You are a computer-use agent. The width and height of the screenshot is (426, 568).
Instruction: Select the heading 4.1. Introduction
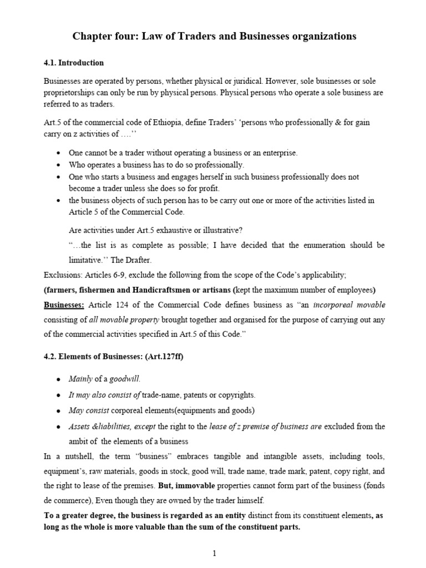tap(74, 63)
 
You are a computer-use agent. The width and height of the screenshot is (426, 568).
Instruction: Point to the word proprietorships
tap(68, 92)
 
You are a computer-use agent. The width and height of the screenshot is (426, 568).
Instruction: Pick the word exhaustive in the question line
tap(179, 230)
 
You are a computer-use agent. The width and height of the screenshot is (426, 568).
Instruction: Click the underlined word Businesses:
tap(64, 305)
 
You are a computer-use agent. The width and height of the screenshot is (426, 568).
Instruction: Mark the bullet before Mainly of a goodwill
tap(58, 379)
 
